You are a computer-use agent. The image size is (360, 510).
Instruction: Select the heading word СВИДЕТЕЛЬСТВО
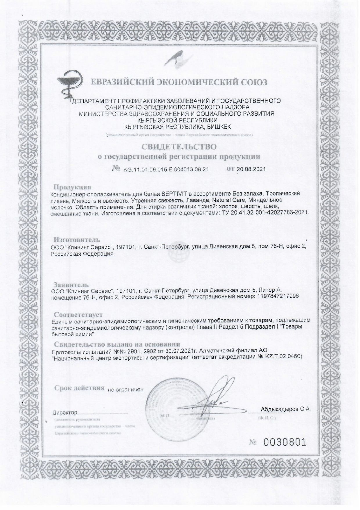[179, 146]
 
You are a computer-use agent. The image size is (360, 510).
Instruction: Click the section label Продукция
[73, 187]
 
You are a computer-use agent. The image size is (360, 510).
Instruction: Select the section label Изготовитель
[77, 240]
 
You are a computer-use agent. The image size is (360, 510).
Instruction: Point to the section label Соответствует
[78, 314]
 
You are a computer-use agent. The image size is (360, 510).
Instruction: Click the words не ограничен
[126, 389]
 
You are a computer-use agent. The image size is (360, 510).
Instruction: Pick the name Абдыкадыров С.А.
[286, 409]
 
